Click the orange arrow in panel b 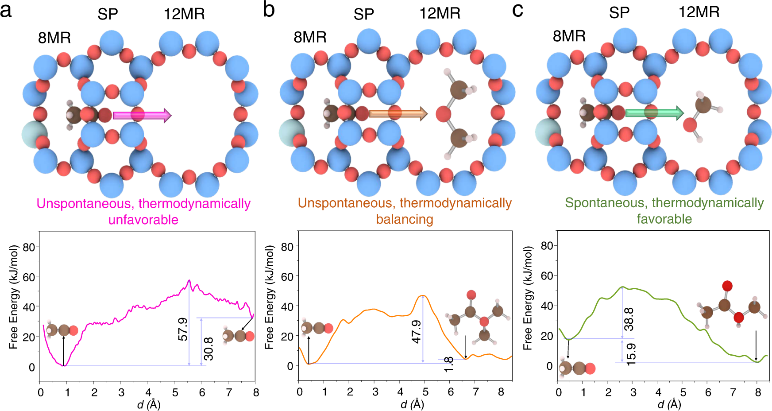[x=398, y=114]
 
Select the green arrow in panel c [x=654, y=113]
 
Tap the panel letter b [x=268, y=10]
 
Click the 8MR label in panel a [x=54, y=38]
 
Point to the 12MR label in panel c [x=699, y=12]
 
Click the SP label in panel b [x=363, y=15]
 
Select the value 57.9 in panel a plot [x=183, y=329]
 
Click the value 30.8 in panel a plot [x=208, y=349]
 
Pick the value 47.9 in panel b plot [x=416, y=332]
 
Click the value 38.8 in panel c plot [x=629, y=319]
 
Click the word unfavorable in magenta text [x=143, y=220]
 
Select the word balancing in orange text [x=404, y=219]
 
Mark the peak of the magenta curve [x=189, y=280]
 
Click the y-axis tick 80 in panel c [x=547, y=246]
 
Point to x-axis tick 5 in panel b [x=425, y=392]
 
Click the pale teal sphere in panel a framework [x=34, y=133]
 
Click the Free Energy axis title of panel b [x=270, y=298]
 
